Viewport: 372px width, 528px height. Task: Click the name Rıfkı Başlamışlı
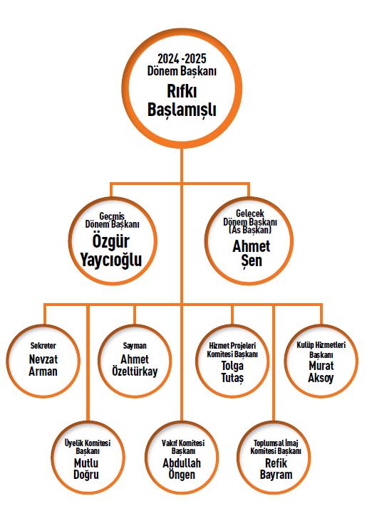click(x=182, y=100)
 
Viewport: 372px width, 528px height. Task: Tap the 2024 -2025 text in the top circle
click(x=182, y=58)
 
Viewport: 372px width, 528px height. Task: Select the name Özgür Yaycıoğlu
click(x=111, y=250)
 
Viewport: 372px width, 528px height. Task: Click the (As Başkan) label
click(x=250, y=230)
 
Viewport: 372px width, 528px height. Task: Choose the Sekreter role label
click(x=43, y=346)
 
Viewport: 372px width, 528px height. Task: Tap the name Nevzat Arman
click(x=43, y=365)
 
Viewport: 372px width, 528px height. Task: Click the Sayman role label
click(x=135, y=346)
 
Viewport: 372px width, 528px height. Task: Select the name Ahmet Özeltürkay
click(x=135, y=365)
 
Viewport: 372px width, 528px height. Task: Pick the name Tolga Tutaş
click(x=232, y=371)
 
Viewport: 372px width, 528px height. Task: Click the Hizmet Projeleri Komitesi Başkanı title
click(x=232, y=350)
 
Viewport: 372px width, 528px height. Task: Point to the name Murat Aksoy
click(x=321, y=371)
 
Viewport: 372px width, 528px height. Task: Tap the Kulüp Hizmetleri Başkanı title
click(x=321, y=350)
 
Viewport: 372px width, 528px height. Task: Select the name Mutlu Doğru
click(x=86, y=469)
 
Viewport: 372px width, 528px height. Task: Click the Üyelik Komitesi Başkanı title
click(x=88, y=447)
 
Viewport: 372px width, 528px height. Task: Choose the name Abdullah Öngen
click(x=182, y=469)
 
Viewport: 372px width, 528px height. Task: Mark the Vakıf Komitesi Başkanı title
click(x=183, y=447)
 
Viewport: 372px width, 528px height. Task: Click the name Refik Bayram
click(x=276, y=469)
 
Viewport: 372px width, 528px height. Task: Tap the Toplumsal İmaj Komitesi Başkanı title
click(x=276, y=447)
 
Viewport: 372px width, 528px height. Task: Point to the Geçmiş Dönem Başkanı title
click(x=112, y=220)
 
